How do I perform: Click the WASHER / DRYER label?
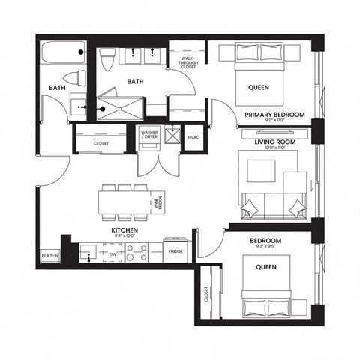click(148, 136)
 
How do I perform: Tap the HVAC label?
click(192, 136)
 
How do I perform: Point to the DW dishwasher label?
click(112, 254)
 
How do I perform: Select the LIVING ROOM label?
click(274, 142)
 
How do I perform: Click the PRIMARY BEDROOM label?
click(274, 114)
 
